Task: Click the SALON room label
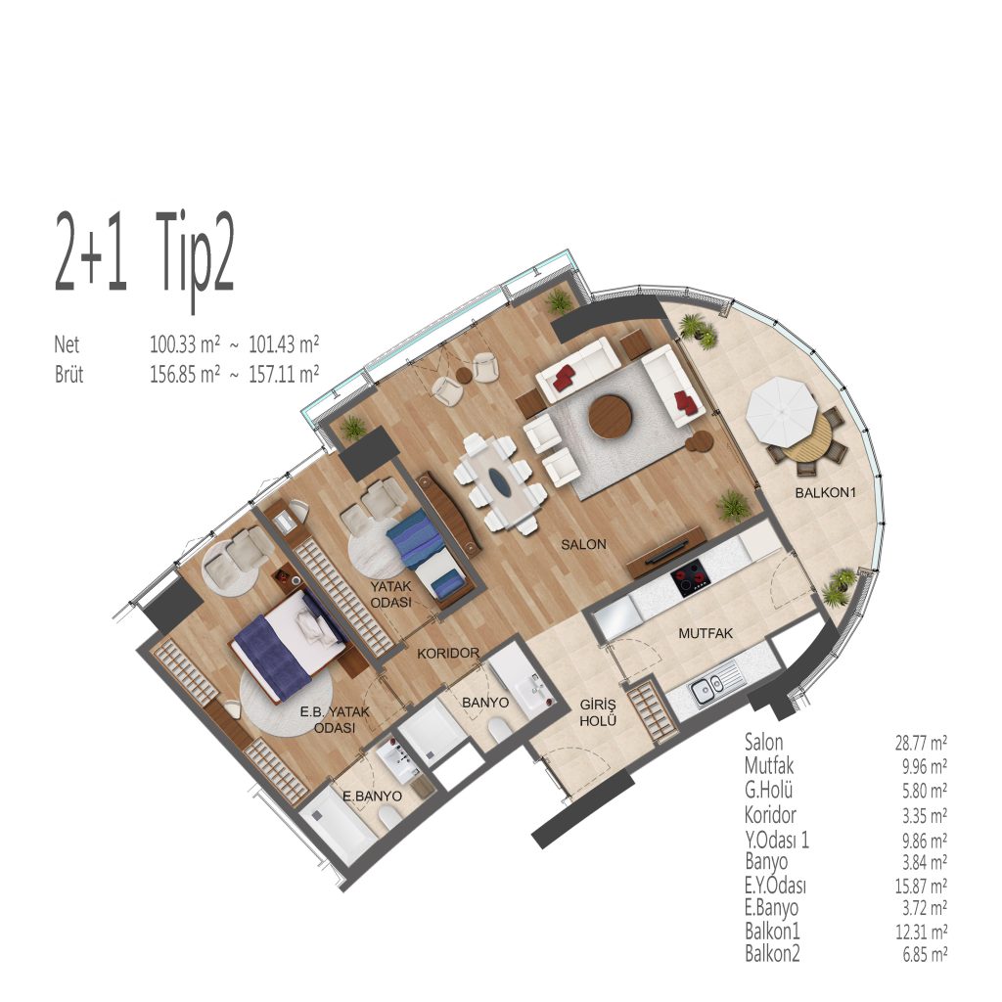click(x=583, y=544)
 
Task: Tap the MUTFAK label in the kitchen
click(x=706, y=633)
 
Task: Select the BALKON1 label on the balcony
click(x=825, y=493)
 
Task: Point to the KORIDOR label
click(x=448, y=653)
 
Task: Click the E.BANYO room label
click(x=372, y=797)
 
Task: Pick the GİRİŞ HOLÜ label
click(x=598, y=712)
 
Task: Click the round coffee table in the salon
click(x=611, y=417)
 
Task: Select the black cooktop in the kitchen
click(x=691, y=578)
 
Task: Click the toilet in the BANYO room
click(x=497, y=729)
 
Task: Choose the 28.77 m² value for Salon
click(x=921, y=743)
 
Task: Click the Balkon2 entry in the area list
click(x=772, y=954)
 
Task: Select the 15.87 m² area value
click(x=921, y=886)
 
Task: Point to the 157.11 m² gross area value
click(x=284, y=373)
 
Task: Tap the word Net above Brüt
click(x=67, y=344)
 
